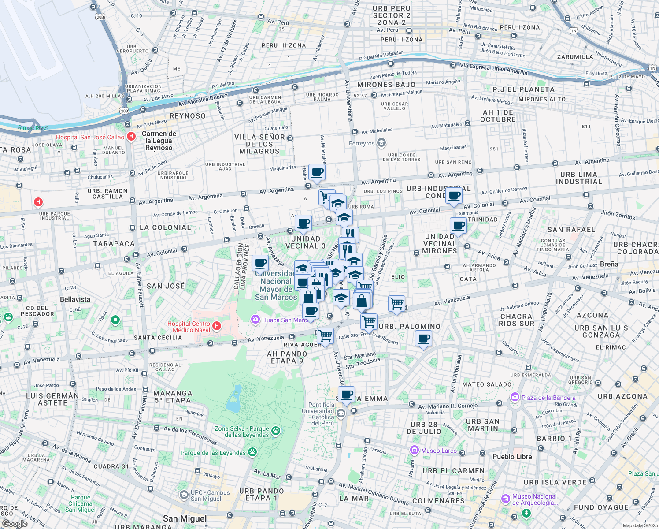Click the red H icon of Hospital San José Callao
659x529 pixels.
[131, 137]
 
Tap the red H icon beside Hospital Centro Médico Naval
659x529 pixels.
[216, 326]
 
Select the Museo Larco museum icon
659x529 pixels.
[414, 450]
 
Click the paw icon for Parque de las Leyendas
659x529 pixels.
[252, 452]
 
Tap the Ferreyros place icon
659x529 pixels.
[381, 143]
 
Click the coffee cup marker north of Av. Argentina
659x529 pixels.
[317, 173]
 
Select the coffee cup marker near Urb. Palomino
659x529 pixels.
[423, 339]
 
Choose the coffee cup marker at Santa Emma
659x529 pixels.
[347, 395]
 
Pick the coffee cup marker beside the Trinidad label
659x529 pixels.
[459, 226]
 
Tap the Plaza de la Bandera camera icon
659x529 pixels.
[515, 397]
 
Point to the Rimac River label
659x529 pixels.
[33, 128]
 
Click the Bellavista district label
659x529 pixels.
[75, 299]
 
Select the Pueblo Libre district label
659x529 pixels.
[512, 457]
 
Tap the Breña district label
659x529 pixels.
[609, 264]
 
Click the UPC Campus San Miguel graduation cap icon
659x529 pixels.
[184, 495]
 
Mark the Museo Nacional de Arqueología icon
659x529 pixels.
[505, 499]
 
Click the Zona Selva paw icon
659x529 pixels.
[276, 431]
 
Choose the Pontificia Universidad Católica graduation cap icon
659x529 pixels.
[341, 413]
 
